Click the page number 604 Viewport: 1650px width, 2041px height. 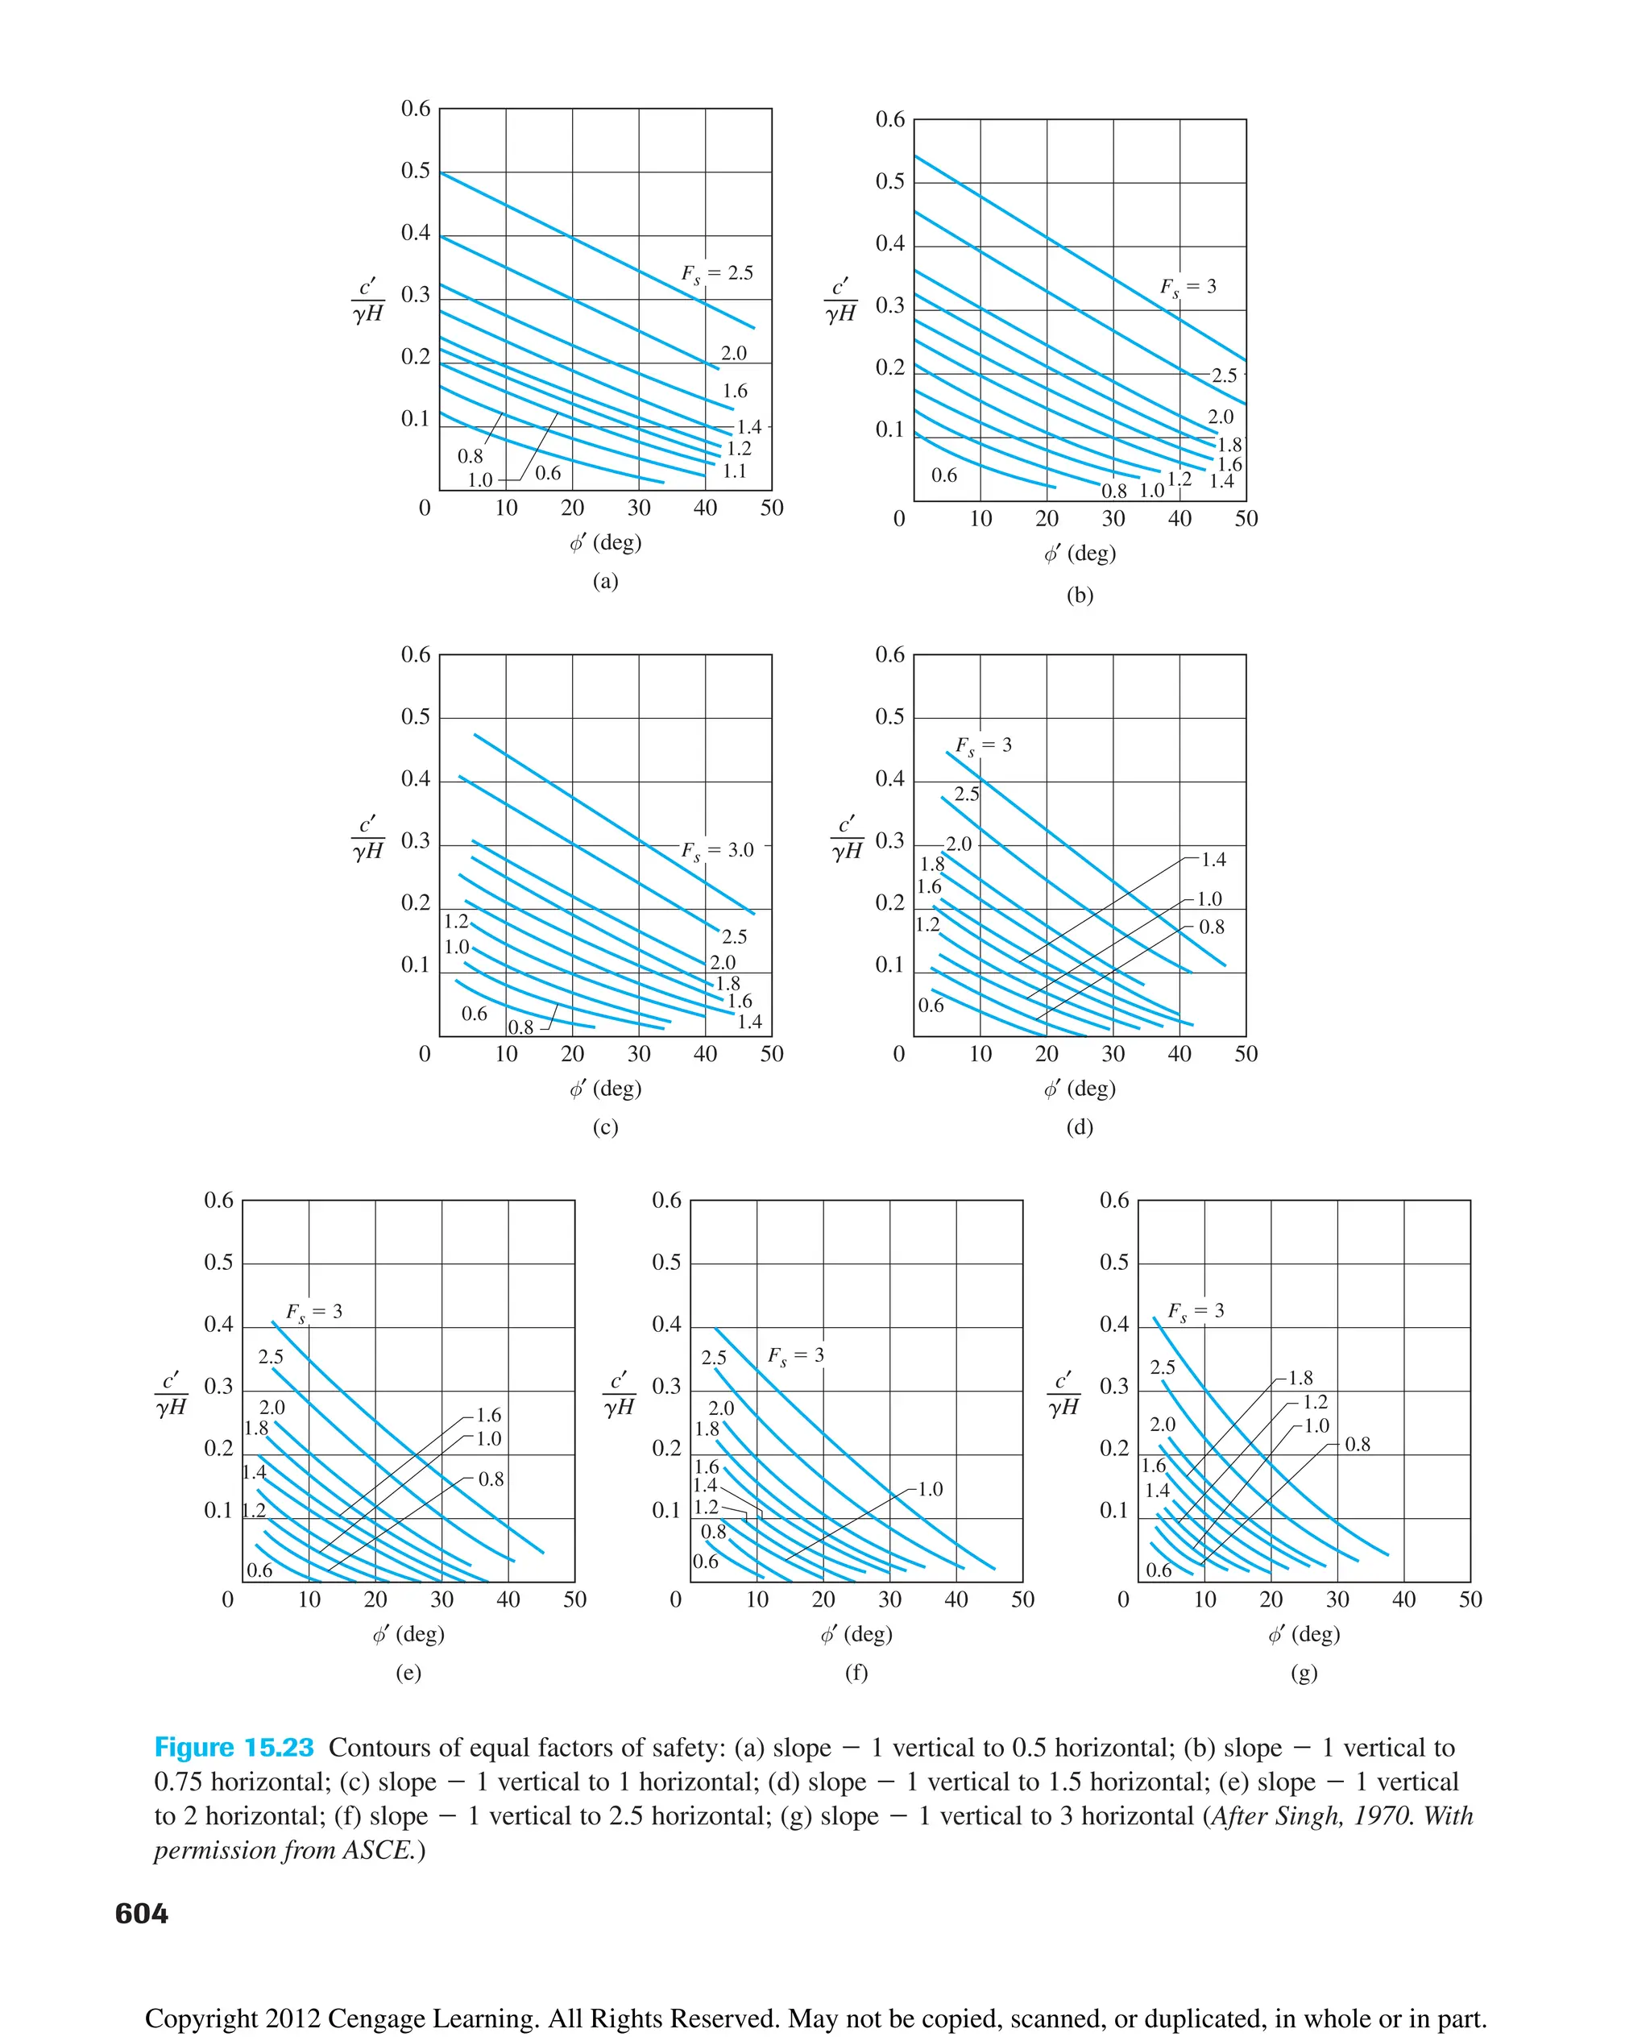[x=142, y=1913]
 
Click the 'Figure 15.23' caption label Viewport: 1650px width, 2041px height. [x=234, y=1747]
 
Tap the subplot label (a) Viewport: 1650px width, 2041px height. [x=605, y=581]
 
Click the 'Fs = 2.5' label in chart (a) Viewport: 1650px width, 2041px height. [x=717, y=274]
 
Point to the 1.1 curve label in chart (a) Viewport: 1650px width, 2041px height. [x=735, y=471]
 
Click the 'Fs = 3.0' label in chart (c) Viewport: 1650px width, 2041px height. [x=717, y=851]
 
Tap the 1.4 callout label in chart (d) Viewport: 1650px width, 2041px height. [x=1214, y=861]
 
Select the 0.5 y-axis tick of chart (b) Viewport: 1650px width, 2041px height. [x=889, y=181]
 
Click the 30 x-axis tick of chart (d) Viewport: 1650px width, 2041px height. [x=1113, y=1053]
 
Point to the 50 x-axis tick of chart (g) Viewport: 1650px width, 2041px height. [x=1470, y=1599]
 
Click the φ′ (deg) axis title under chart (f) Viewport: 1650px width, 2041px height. [x=856, y=1634]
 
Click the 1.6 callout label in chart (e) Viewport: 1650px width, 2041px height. [x=488, y=1416]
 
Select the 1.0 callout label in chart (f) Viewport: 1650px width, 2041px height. [x=930, y=1490]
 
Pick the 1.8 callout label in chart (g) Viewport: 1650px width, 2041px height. [x=1300, y=1379]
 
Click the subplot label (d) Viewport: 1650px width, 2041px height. [x=1080, y=1127]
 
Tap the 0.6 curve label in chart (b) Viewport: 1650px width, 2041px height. [x=943, y=475]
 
